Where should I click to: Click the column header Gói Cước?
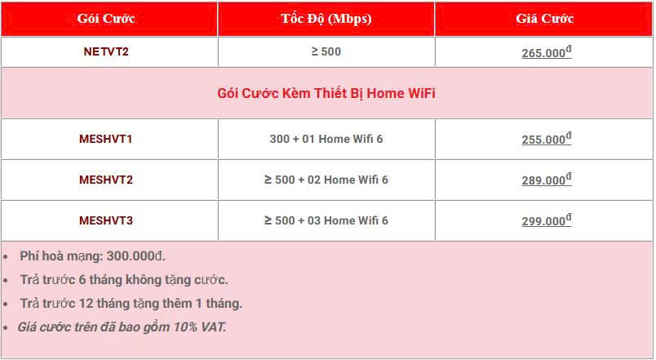point(106,19)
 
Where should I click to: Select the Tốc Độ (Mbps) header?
point(326,19)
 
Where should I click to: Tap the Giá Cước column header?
point(545,19)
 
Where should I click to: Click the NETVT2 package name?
point(106,51)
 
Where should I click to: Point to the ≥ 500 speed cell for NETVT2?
point(326,51)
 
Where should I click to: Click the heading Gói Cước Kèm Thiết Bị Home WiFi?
point(326,93)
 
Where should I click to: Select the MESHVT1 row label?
point(106,139)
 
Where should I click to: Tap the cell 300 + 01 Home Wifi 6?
point(326,139)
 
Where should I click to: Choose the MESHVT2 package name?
point(106,180)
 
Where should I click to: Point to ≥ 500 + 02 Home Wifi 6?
point(326,180)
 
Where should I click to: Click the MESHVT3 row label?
point(106,220)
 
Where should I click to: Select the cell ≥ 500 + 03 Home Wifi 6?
point(326,220)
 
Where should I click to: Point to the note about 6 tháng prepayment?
point(124,280)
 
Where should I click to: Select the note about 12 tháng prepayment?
point(131,304)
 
